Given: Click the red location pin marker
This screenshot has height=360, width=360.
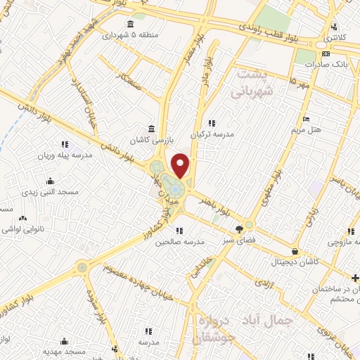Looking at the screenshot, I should [x=181, y=166].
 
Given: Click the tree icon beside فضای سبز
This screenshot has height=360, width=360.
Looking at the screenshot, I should [x=240, y=228].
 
